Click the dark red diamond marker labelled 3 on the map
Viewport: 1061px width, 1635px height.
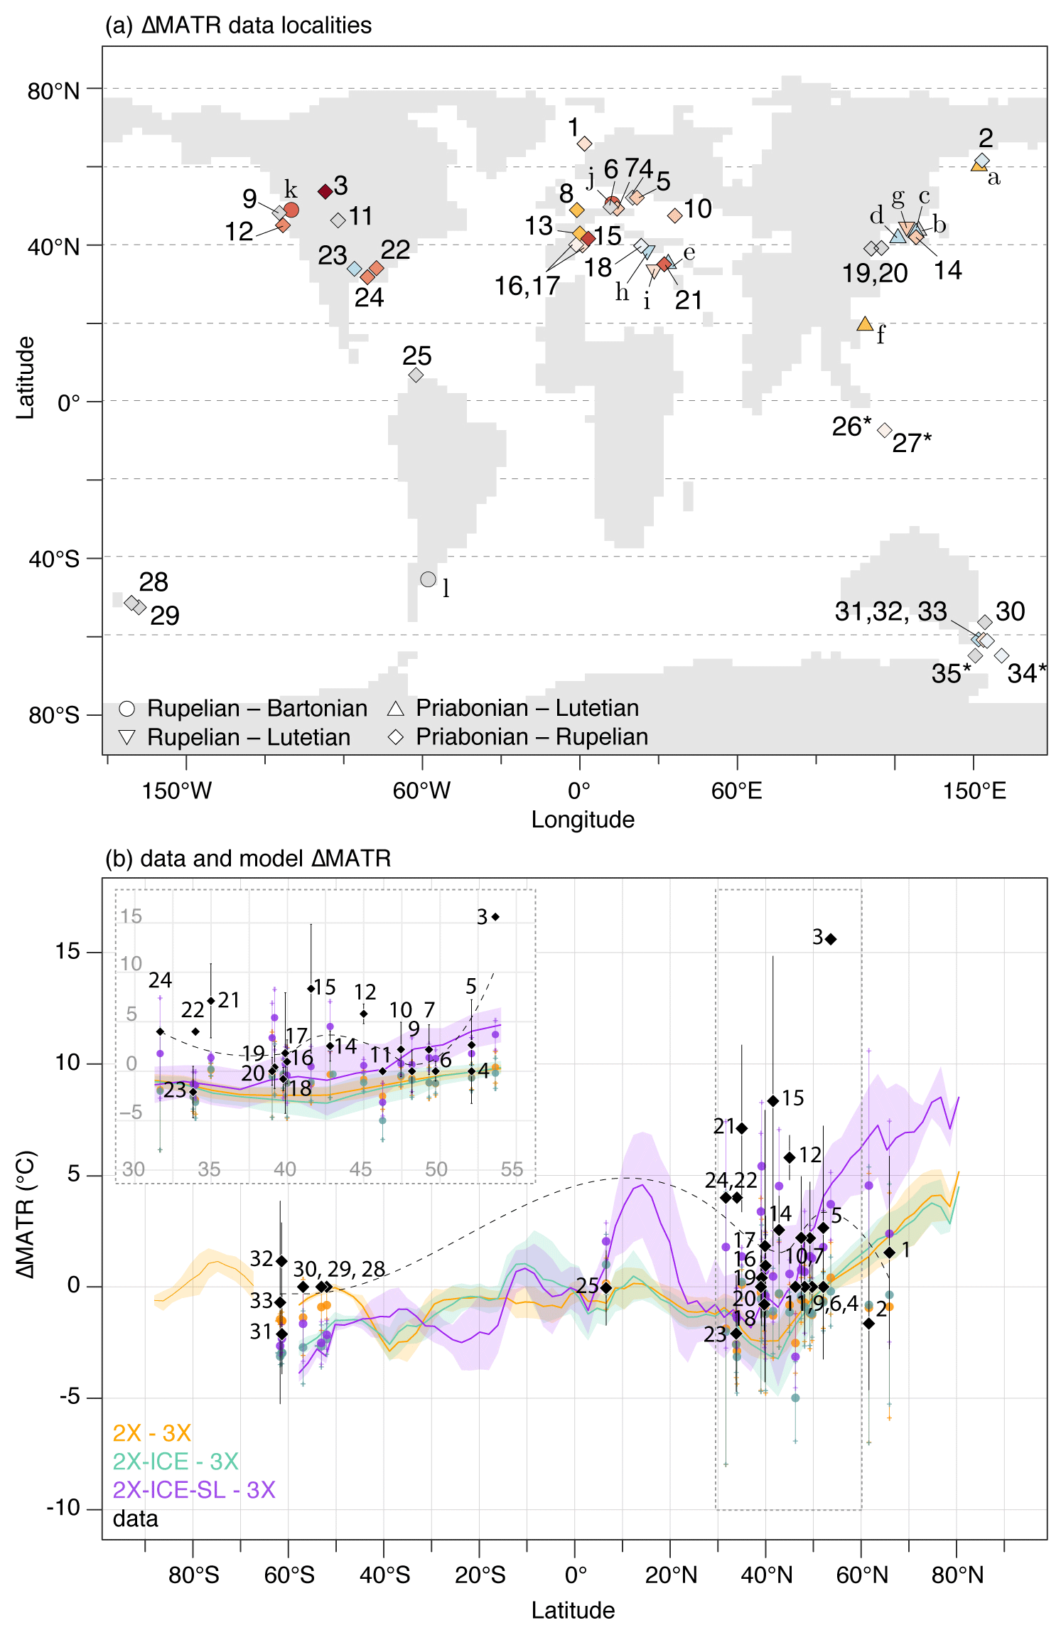(325, 191)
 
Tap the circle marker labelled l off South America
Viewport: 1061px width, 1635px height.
(428, 579)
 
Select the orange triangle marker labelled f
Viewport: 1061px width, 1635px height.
(865, 324)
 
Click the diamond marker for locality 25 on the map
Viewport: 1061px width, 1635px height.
(416, 375)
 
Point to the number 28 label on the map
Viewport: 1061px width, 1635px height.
(154, 582)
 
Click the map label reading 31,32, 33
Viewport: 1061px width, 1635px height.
(890, 611)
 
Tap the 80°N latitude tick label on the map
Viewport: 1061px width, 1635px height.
(53, 91)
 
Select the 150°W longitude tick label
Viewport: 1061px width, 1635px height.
(177, 790)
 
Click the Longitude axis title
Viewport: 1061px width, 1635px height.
(583, 820)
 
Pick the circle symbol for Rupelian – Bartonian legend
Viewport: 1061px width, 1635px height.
(127, 709)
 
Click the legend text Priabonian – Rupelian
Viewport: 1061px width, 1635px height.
(532, 737)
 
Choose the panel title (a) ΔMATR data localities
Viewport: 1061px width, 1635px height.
(238, 26)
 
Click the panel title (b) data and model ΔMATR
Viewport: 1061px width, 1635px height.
(248, 859)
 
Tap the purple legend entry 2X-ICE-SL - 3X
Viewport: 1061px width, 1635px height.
(194, 1490)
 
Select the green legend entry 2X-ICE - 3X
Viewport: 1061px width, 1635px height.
(176, 1462)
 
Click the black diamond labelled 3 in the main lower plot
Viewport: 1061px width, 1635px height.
(831, 939)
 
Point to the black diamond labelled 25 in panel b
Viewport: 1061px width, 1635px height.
(606, 1287)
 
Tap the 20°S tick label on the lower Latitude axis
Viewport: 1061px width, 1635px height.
(480, 1576)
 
